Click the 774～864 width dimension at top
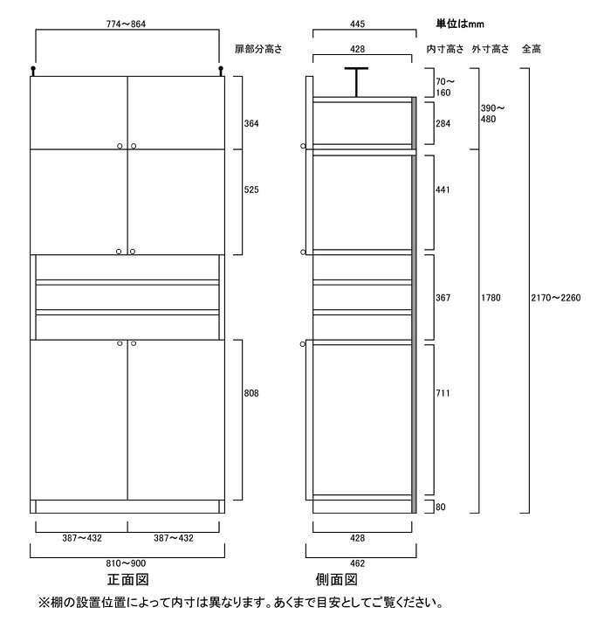126,24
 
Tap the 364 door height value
251,124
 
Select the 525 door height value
251,190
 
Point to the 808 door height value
251,393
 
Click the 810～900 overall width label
126,563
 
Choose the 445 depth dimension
357,24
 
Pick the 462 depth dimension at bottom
357,563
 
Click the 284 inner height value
443,124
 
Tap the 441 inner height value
443,190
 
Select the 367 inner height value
443,298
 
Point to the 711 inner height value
443,393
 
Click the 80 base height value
441,507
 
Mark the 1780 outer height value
491,298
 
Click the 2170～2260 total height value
556,298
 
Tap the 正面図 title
128,580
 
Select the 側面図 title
337,580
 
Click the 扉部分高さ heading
258,49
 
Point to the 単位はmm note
460,24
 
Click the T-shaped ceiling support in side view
356,82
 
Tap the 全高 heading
532,49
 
